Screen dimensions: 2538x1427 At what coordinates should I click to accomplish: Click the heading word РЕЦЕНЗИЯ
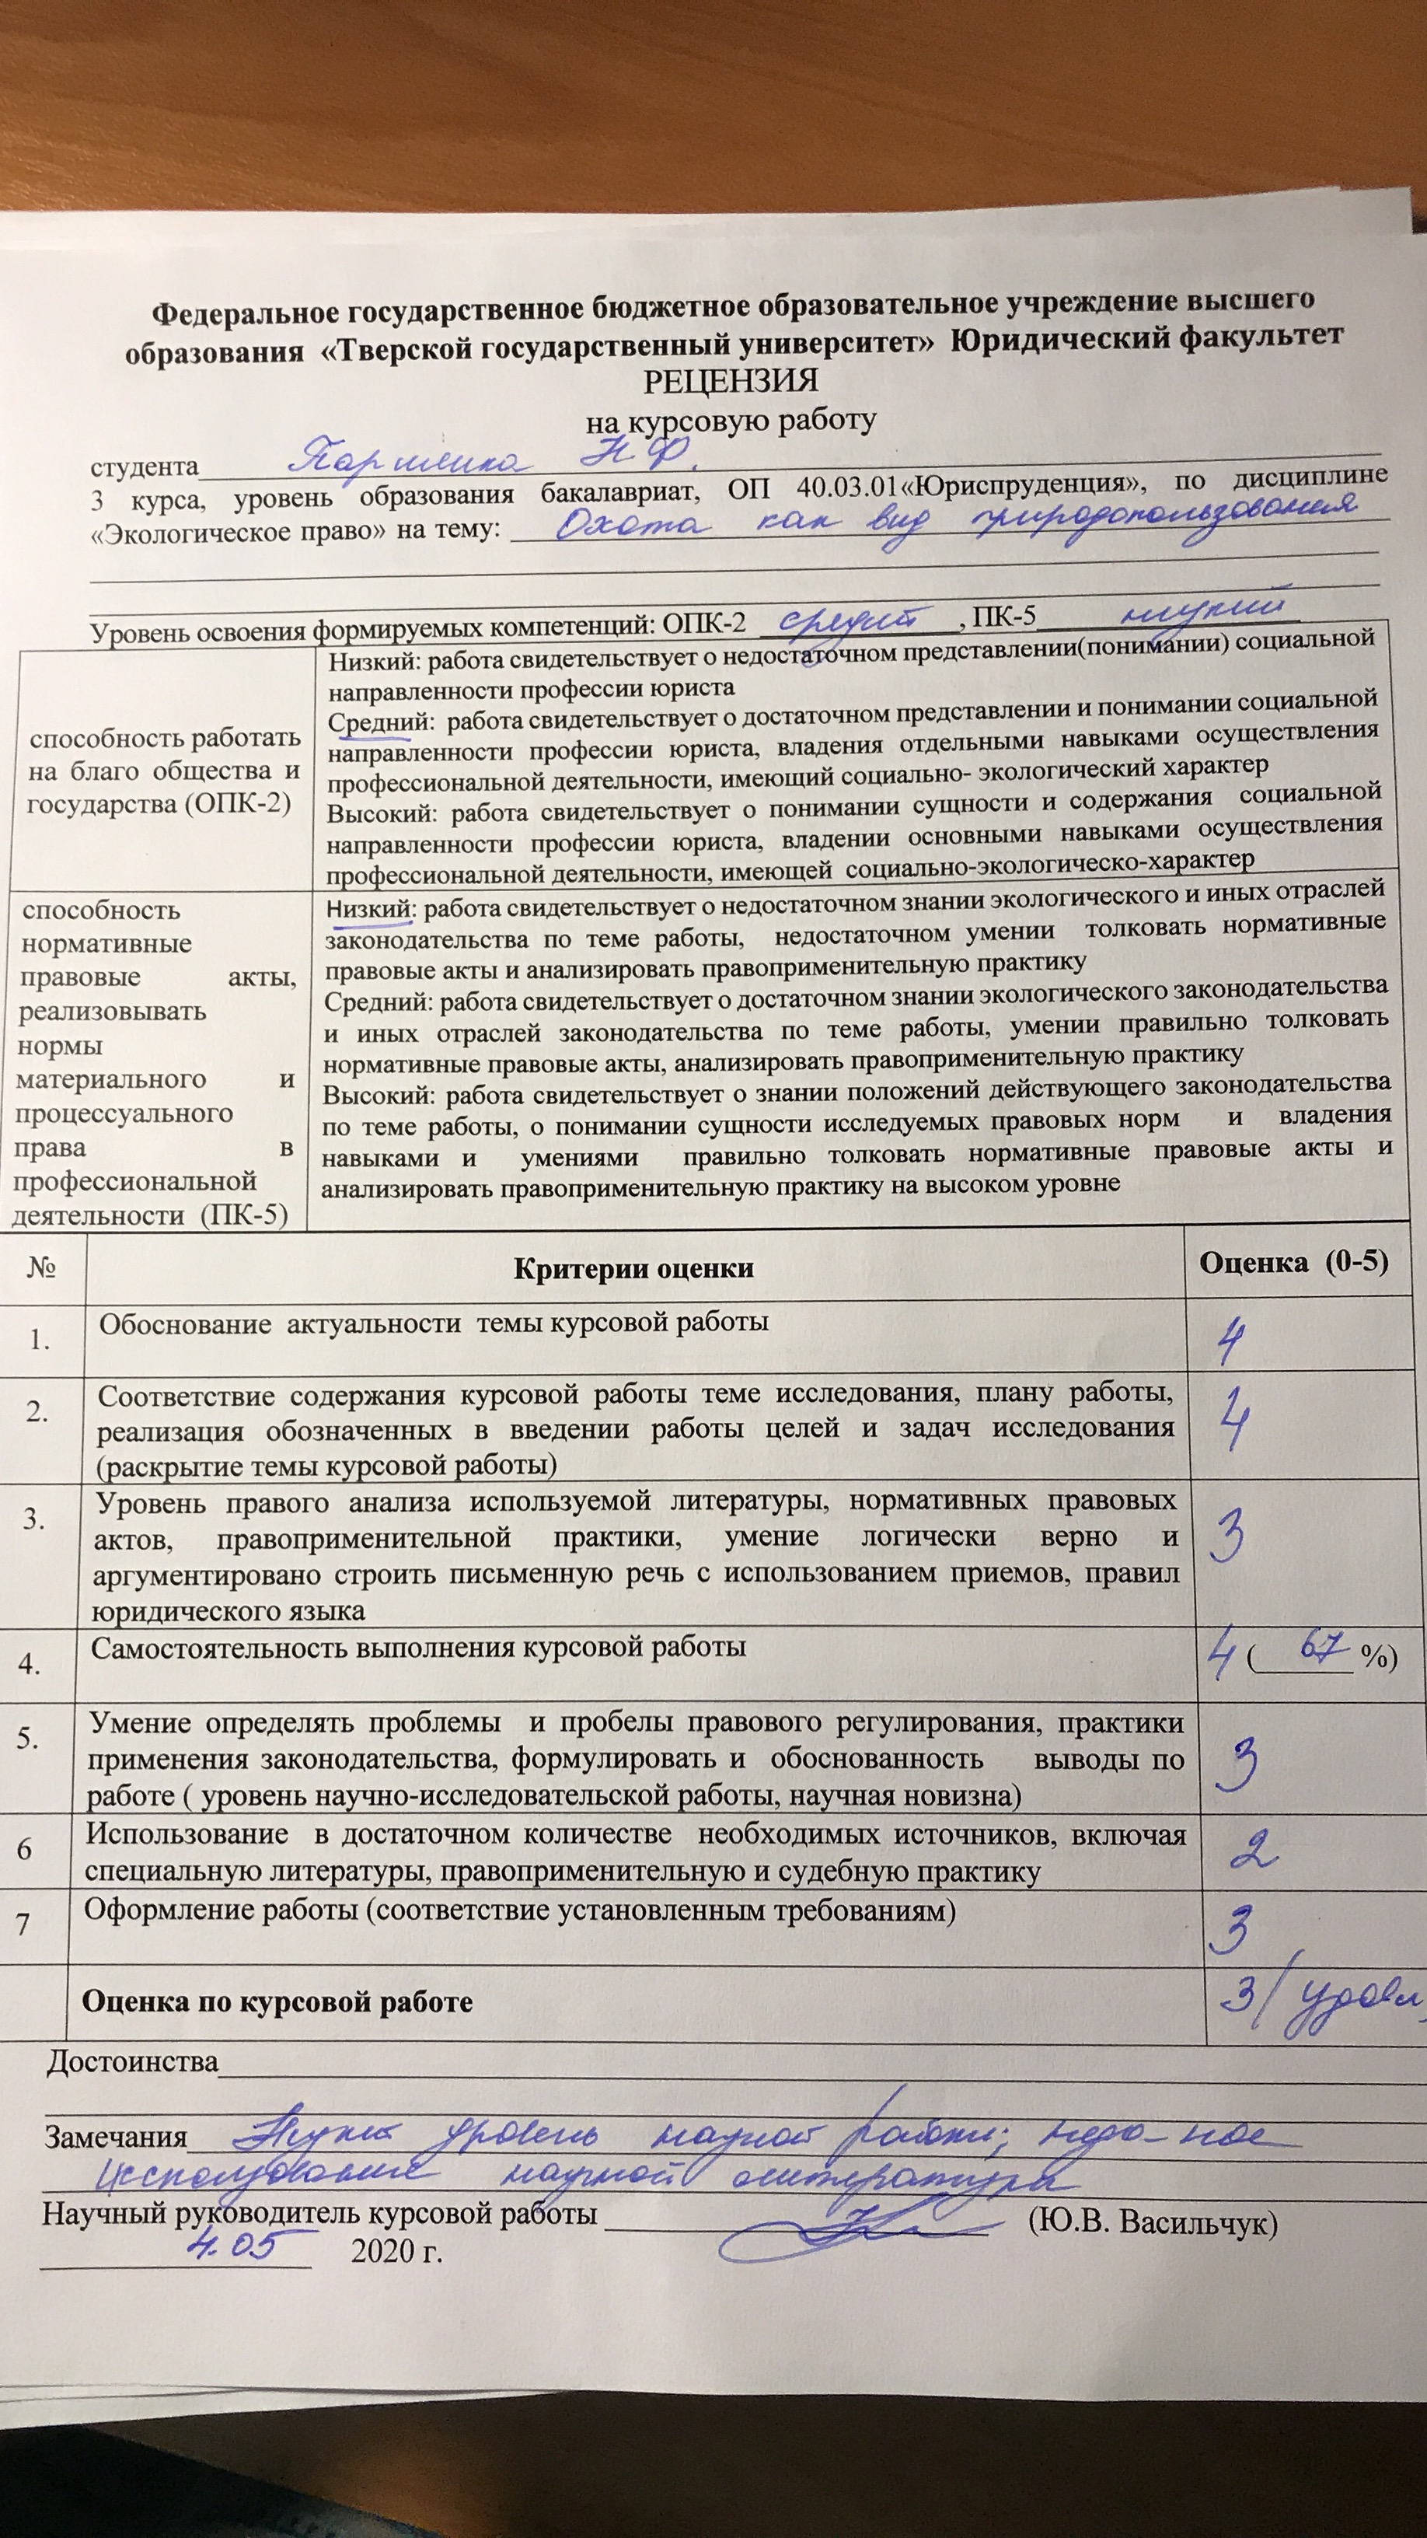click(731, 380)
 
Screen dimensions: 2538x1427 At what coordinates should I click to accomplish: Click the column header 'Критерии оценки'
click(633, 1268)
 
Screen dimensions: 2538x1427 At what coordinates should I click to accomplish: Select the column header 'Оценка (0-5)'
click(1292, 1262)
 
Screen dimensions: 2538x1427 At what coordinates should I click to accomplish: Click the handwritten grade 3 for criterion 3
click(1228, 1538)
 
